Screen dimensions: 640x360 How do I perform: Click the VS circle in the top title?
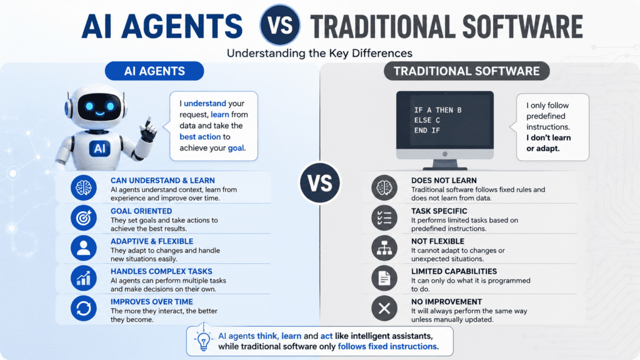tap(280, 25)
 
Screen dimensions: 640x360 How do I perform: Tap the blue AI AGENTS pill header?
tap(154, 71)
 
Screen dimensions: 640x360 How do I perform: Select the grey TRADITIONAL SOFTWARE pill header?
tap(466, 71)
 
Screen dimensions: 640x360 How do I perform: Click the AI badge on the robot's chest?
tap(99, 149)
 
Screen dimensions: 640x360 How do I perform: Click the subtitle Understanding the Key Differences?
tap(319, 54)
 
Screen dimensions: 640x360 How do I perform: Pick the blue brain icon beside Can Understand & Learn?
tap(84, 187)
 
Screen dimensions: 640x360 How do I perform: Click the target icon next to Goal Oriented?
tap(84, 218)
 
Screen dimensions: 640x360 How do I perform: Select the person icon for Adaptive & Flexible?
tap(84, 248)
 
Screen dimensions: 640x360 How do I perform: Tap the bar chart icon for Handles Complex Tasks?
tap(84, 278)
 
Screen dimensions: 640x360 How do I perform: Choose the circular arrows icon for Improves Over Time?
tap(84, 308)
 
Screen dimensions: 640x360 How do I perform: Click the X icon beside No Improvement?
tap(384, 308)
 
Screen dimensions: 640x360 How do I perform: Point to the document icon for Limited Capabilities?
tap(384, 278)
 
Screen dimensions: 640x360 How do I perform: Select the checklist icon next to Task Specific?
tap(384, 218)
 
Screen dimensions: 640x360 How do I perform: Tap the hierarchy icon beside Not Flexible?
tap(384, 248)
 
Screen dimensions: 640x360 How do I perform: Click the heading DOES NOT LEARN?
tap(444, 181)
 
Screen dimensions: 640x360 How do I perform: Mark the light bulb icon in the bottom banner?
tap(203, 339)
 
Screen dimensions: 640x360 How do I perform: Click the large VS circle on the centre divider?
tap(319, 183)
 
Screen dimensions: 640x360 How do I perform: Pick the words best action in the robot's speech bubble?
tap(200, 137)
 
